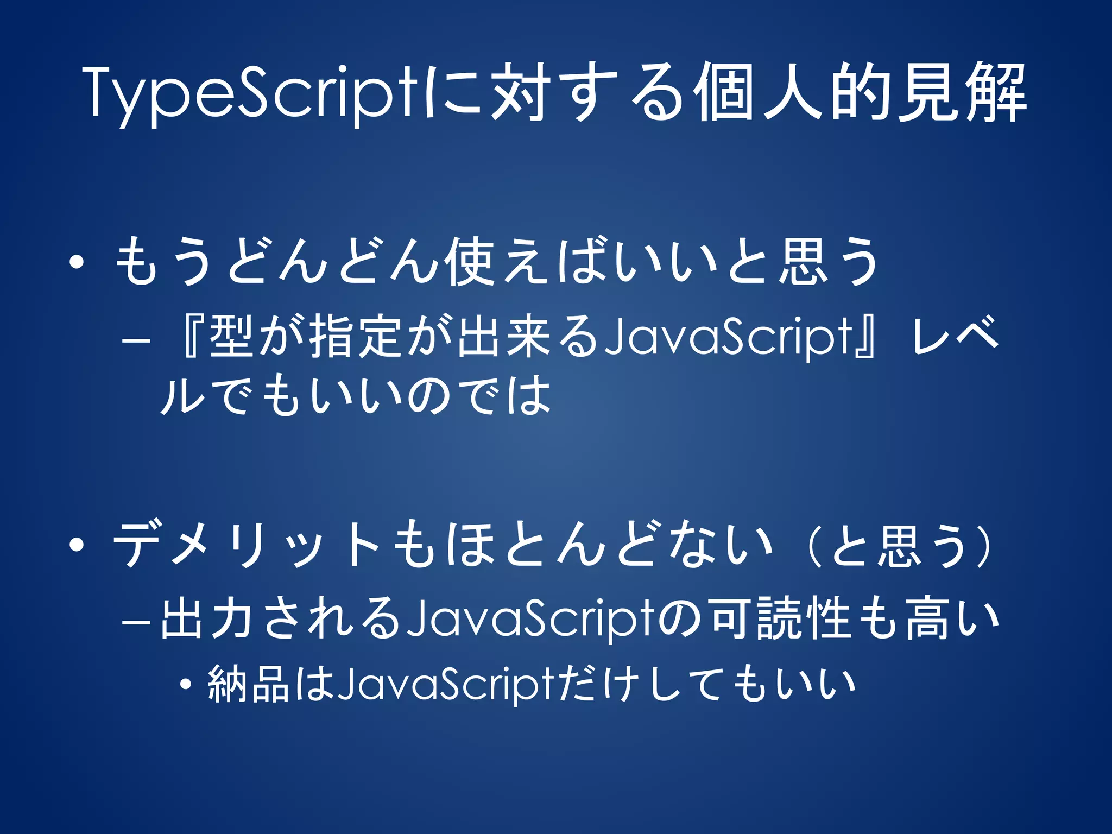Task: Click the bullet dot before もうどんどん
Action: pyautogui.click(x=77, y=263)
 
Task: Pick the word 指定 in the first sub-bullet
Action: pyautogui.click(x=358, y=337)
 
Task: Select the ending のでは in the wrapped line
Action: pyautogui.click(x=478, y=395)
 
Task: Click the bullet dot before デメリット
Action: pyautogui.click(x=77, y=544)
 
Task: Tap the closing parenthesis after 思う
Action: pyautogui.click(x=988, y=545)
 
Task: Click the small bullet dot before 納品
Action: pyautogui.click(x=186, y=685)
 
